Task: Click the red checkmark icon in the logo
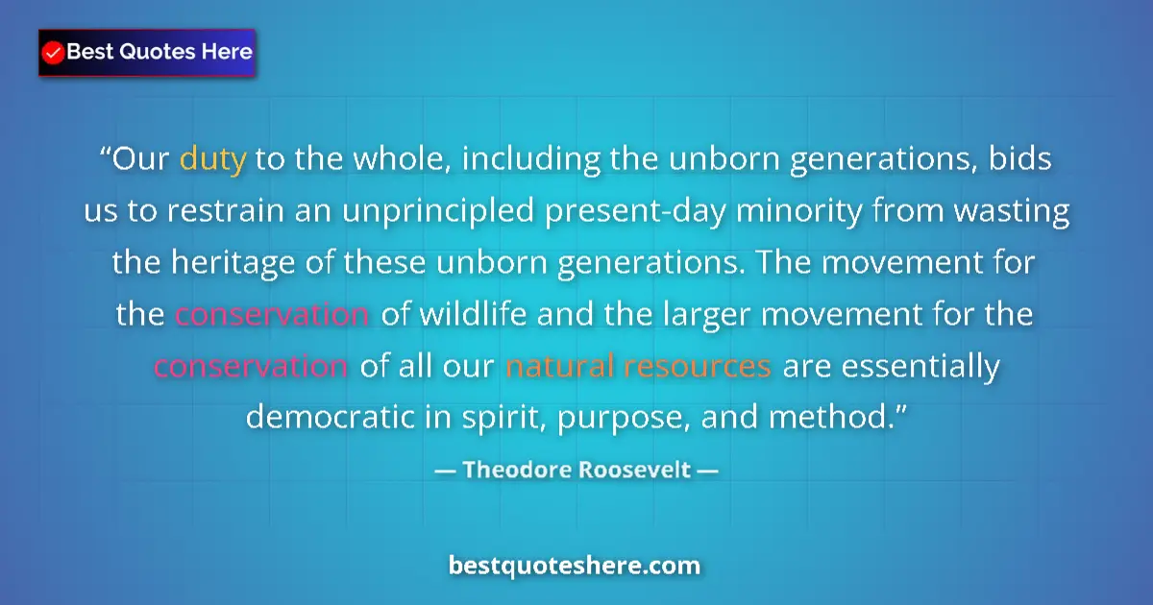[54, 53]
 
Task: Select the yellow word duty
[213, 158]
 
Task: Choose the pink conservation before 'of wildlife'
[273, 315]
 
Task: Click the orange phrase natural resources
[638, 367]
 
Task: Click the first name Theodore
[511, 471]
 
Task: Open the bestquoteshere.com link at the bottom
[575, 566]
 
